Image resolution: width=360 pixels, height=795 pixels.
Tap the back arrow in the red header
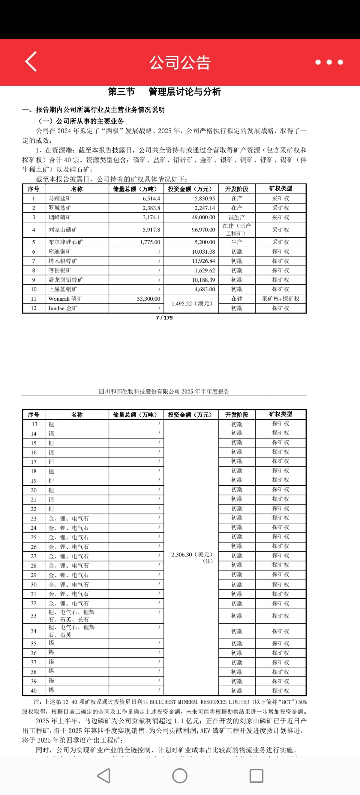pos(31,62)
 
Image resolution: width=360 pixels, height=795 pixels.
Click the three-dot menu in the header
pos(329,62)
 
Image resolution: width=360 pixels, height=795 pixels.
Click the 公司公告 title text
pos(180,62)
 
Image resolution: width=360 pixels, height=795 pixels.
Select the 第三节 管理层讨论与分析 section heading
pos(164,92)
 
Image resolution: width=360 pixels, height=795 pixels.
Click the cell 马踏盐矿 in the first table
pos(60,198)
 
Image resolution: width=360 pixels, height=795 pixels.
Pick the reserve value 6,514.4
pos(151,198)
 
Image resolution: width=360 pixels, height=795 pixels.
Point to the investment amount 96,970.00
pos(203,230)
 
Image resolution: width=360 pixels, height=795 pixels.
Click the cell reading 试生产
pos(237,218)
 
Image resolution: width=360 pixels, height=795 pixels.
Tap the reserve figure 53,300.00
pos(148,299)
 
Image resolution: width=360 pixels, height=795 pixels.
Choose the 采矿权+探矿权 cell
pos(280,299)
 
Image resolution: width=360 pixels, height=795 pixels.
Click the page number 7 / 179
pos(164,318)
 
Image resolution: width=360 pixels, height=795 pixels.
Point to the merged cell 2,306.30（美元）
pos(192,555)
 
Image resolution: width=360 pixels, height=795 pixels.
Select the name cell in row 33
pos(72,616)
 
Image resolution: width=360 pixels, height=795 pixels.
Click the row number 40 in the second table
pos(34,691)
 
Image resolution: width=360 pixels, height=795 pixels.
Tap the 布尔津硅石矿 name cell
pos(65,242)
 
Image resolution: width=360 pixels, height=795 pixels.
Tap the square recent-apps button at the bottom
pos(256,776)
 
